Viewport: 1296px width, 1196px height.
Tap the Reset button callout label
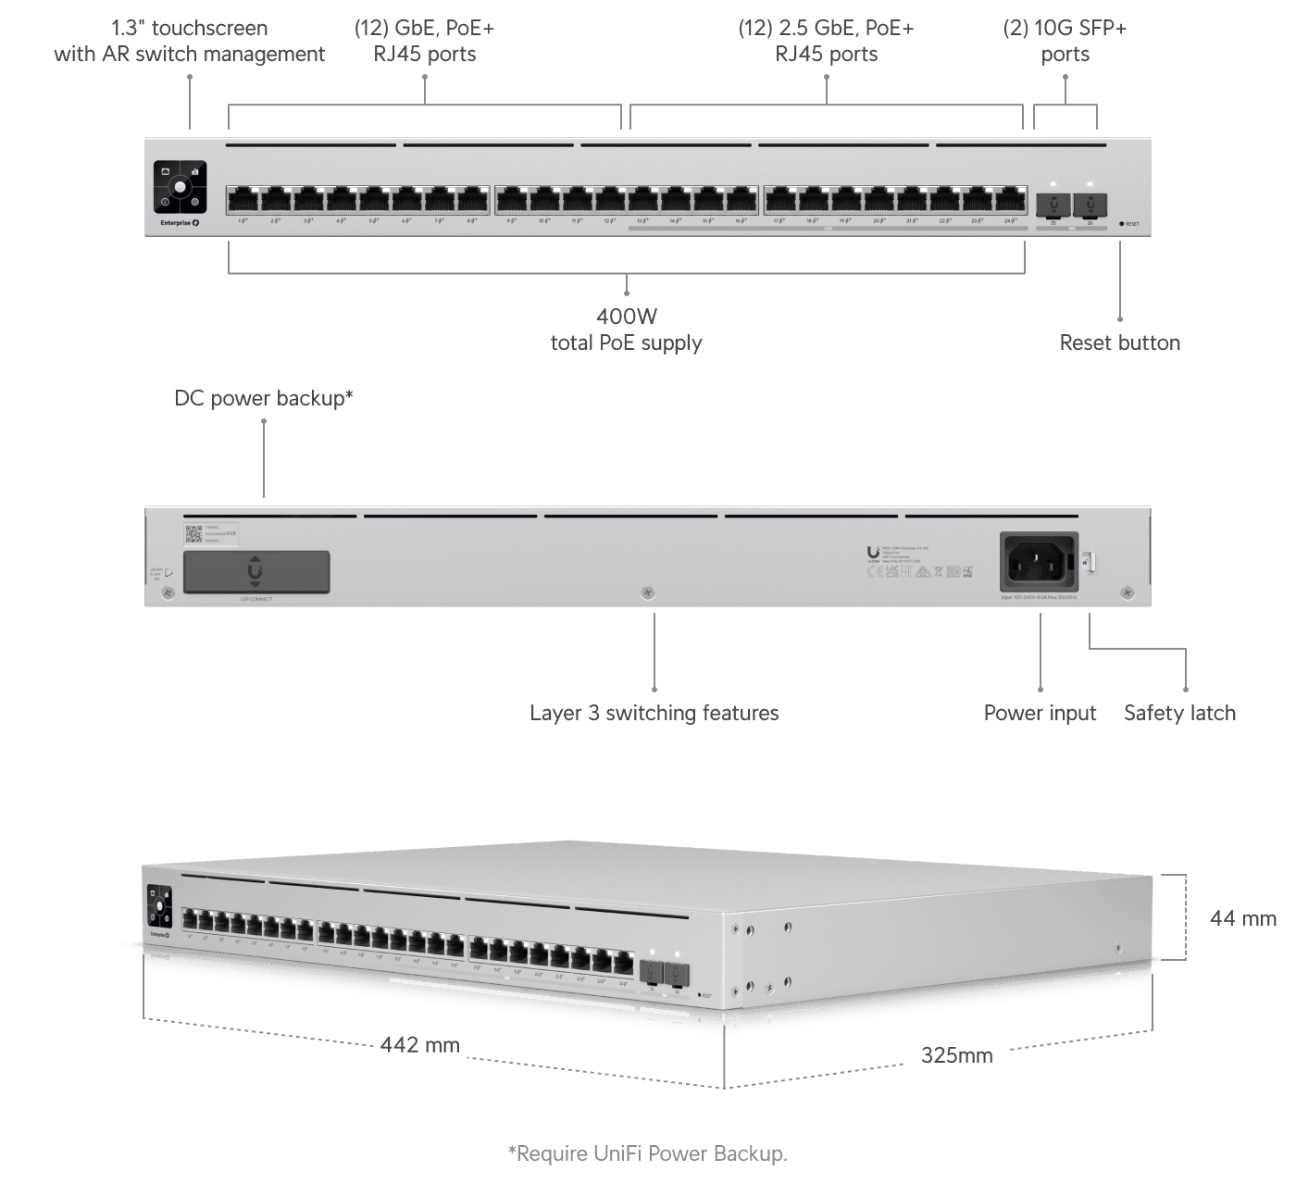[1119, 343]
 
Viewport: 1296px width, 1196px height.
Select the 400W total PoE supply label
[627, 330]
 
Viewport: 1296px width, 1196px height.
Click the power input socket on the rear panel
[1039, 562]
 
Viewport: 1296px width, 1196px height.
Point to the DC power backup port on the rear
[256, 572]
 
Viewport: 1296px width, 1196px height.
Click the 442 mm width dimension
[419, 1045]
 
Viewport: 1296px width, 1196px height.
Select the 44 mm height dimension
[1242, 918]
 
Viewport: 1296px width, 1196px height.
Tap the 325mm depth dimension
[956, 1054]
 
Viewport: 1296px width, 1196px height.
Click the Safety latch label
[1179, 713]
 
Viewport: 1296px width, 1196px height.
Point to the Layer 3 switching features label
[654, 713]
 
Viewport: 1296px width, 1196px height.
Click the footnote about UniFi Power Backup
[647, 1153]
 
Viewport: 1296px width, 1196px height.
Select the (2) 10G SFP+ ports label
[1065, 41]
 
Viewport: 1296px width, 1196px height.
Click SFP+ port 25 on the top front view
[1053, 203]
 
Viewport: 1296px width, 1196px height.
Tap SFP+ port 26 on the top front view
[1090, 203]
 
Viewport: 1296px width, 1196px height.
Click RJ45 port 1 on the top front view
[243, 200]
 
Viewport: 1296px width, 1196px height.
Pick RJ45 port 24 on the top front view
[1010, 200]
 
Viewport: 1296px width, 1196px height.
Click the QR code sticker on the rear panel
[193, 534]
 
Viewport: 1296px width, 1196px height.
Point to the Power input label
[1040, 713]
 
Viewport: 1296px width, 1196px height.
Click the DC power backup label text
[264, 398]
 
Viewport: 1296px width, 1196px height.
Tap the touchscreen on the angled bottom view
[159, 906]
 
